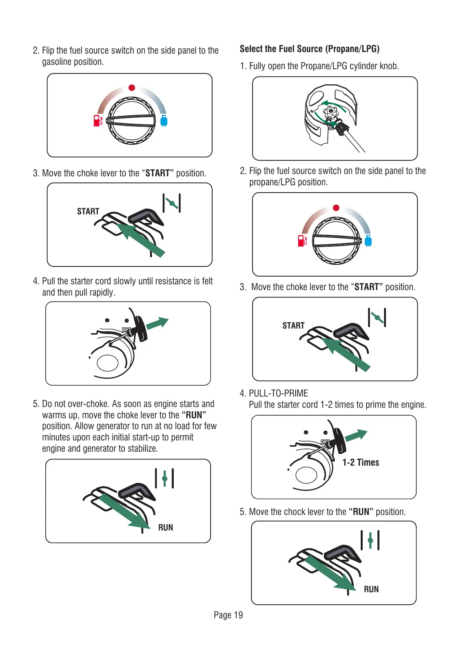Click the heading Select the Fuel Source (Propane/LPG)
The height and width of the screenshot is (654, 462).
(309, 49)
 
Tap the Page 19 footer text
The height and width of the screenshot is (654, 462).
(228, 615)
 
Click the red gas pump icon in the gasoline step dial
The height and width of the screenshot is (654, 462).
(98, 120)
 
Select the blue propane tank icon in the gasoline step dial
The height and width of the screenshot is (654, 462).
(164, 120)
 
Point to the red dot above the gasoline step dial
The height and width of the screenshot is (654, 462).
(132, 88)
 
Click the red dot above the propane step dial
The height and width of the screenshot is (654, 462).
(336, 208)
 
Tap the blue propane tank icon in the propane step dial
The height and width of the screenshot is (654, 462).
(368, 241)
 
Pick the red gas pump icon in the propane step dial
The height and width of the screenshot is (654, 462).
(302, 240)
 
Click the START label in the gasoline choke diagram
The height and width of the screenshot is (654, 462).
(88, 211)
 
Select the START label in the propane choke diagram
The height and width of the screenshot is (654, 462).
(293, 325)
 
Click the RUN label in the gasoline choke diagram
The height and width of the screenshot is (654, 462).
(166, 527)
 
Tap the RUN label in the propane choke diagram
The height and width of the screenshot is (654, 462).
(371, 589)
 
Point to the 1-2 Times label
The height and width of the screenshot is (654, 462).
(361, 463)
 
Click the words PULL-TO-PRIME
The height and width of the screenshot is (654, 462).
(279, 393)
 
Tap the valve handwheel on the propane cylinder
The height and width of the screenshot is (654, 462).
(330, 114)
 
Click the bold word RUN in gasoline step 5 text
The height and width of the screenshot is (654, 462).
(194, 415)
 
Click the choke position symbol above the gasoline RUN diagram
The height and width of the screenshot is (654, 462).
(164, 478)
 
